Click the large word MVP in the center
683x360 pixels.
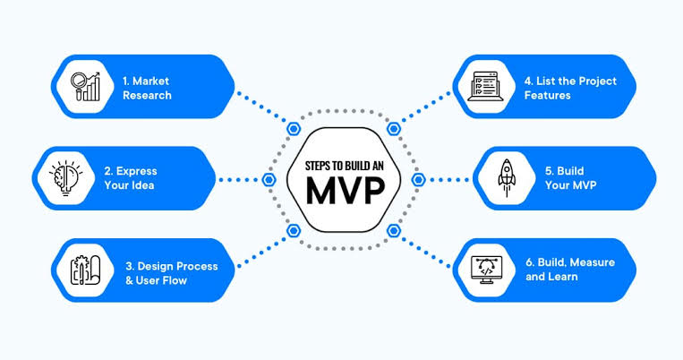342,191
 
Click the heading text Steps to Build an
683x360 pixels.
342,163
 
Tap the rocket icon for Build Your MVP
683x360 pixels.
508,178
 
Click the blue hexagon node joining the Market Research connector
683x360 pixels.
293,128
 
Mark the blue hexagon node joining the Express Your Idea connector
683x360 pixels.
267,179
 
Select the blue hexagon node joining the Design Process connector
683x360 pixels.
293,230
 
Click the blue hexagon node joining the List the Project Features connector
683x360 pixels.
392,128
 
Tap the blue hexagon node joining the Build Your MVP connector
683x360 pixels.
417,179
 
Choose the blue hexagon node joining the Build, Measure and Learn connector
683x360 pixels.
392,230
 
